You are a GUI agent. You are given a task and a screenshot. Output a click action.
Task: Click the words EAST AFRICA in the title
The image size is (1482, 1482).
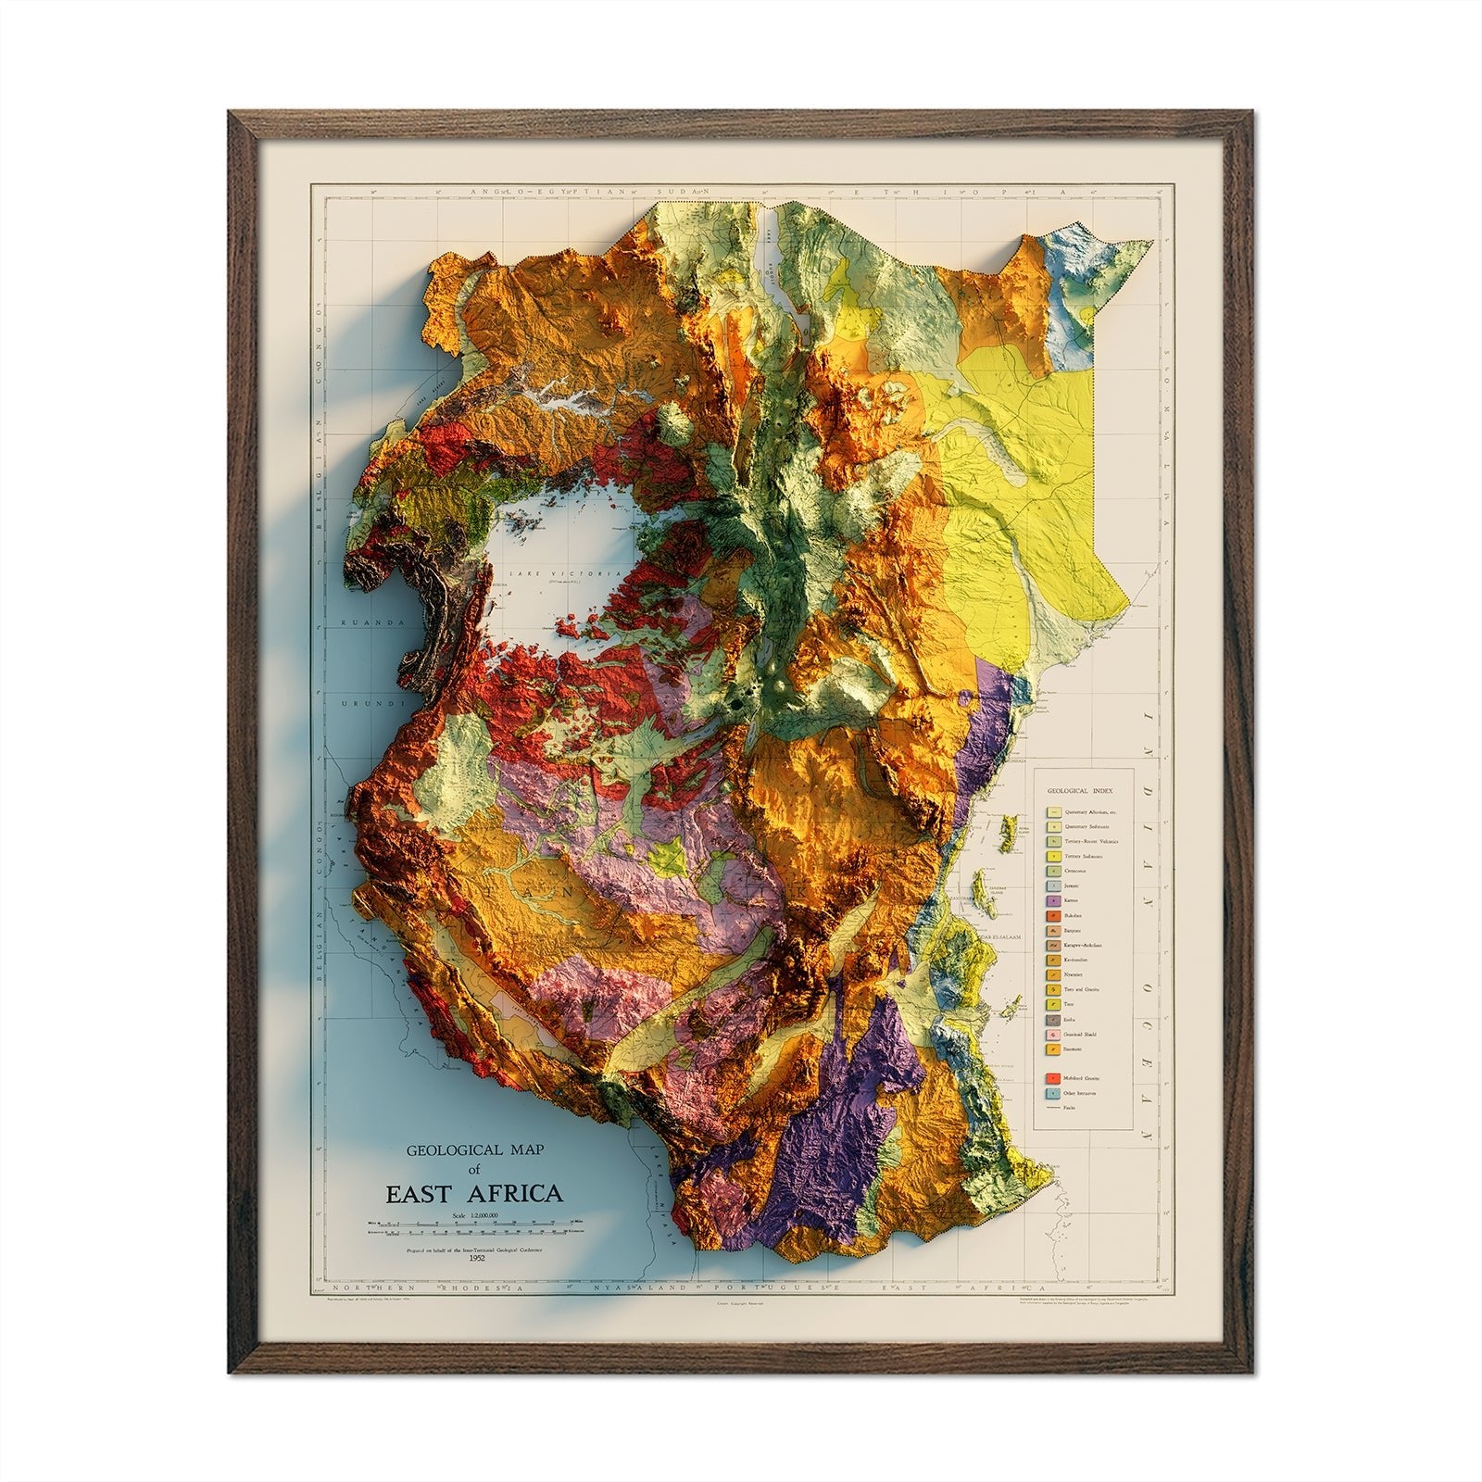[x=474, y=1193]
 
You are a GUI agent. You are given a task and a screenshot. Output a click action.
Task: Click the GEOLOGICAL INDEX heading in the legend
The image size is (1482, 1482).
[x=1080, y=791]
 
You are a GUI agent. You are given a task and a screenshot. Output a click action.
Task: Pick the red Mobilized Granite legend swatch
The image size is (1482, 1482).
[x=1053, y=1078]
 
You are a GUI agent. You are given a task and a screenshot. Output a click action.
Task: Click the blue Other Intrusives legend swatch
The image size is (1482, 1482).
[x=1053, y=1093]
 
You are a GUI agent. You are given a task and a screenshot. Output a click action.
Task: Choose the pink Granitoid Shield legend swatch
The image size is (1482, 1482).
[x=1053, y=1035]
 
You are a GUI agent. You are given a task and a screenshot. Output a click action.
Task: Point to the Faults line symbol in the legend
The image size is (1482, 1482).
[x=1053, y=1108]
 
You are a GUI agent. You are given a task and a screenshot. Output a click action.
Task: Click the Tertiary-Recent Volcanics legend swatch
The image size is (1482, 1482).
[x=1053, y=841]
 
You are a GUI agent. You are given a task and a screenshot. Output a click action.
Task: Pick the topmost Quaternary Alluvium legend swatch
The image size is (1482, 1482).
[x=1053, y=812]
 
